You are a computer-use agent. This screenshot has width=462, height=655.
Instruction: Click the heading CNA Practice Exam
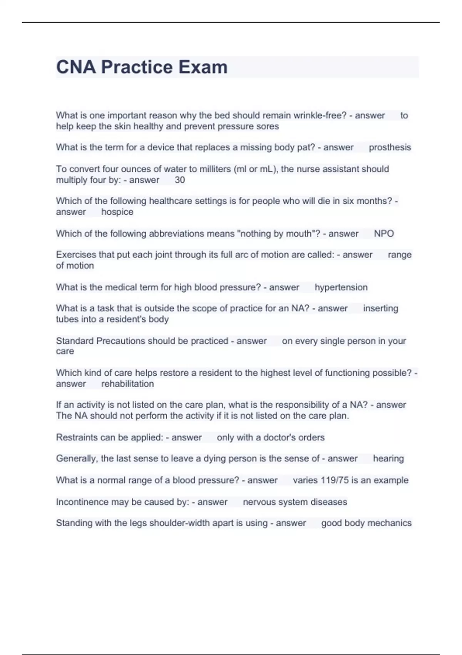point(142,67)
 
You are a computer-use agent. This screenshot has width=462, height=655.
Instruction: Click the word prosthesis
point(390,147)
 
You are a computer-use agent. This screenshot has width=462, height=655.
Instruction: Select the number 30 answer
point(180,180)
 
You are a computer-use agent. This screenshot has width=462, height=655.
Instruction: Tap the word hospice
point(117,212)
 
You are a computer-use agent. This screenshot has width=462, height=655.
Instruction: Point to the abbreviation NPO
point(384,233)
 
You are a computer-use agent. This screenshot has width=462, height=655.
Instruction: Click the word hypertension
point(341,287)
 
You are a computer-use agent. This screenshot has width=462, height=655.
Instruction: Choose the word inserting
point(380,308)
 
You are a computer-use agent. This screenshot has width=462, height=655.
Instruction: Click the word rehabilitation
point(127,384)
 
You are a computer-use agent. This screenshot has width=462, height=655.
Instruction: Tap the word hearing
point(388,458)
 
